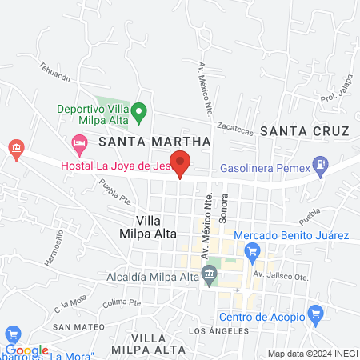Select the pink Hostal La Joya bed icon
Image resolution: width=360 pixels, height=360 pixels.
point(79,146)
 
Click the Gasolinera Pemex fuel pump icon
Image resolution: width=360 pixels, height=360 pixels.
point(321,167)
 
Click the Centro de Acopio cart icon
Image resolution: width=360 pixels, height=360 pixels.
point(315,313)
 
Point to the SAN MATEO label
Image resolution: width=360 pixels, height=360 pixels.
point(79,328)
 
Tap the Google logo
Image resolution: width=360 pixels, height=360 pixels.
point(26,350)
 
